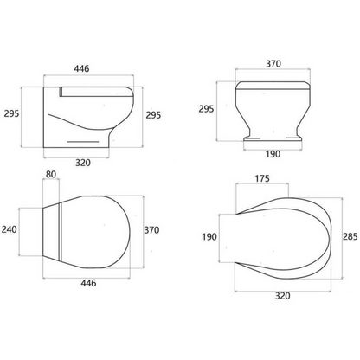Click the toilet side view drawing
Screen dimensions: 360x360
87,117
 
